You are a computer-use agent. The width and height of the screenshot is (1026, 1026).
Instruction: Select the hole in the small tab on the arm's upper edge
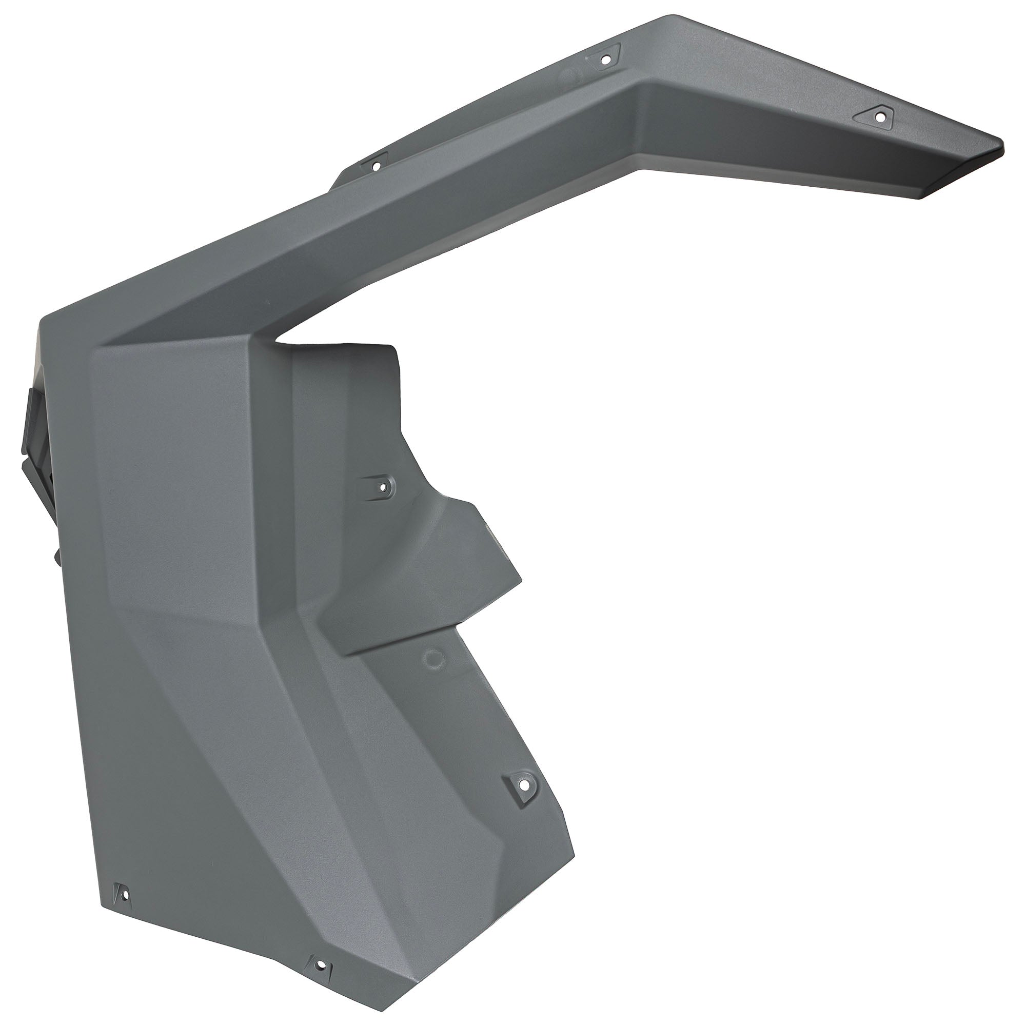pos(377,166)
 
